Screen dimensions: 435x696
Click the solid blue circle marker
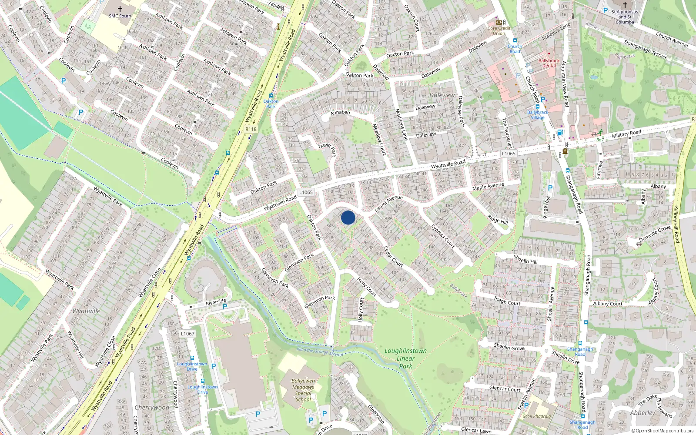tap(348, 217)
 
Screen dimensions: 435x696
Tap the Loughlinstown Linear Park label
tap(405, 358)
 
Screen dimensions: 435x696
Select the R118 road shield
tap(251, 129)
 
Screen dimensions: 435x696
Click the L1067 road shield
tap(187, 334)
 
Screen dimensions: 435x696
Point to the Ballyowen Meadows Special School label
tap(303, 390)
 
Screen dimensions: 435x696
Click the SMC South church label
tap(120, 16)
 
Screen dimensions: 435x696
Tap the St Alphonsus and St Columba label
tap(625, 17)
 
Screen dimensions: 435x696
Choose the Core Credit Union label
tap(499, 30)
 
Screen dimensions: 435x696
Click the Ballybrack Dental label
tap(549, 63)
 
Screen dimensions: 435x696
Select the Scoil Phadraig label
tap(537, 416)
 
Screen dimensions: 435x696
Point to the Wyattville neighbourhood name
tap(86, 311)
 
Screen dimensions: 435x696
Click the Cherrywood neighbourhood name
tap(152, 408)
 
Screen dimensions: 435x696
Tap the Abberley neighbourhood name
tap(642, 413)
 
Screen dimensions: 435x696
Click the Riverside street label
tap(216, 301)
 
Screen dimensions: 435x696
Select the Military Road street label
tap(626, 134)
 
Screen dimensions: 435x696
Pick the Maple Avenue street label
tap(488, 186)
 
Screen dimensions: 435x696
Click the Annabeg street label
tap(340, 113)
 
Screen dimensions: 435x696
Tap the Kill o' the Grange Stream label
tap(320, 351)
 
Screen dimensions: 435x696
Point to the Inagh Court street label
tap(507, 301)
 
